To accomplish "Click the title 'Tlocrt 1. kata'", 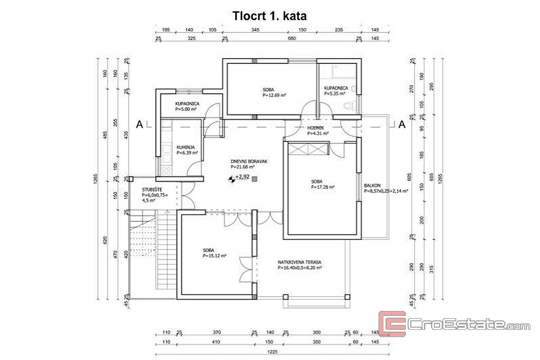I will [270, 16].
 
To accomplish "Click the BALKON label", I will [373, 185].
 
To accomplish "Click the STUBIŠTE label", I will [149, 190].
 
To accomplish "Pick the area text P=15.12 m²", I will [214, 256].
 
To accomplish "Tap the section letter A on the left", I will [140, 125].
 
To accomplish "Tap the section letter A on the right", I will [402, 125].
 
